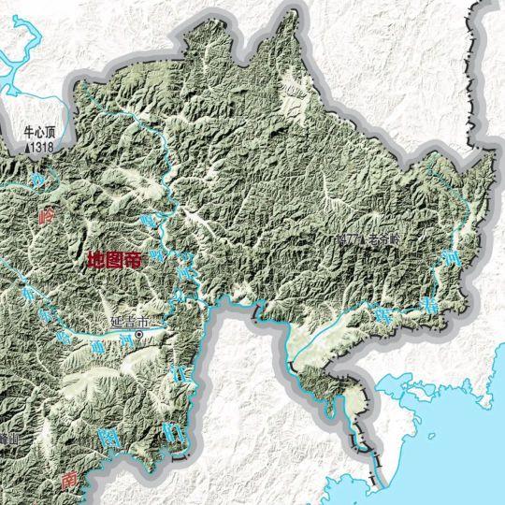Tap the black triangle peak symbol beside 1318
pos(29,147)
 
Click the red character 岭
pos(48,214)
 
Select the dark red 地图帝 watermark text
pos(113,261)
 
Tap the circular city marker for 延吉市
pos(140,334)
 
